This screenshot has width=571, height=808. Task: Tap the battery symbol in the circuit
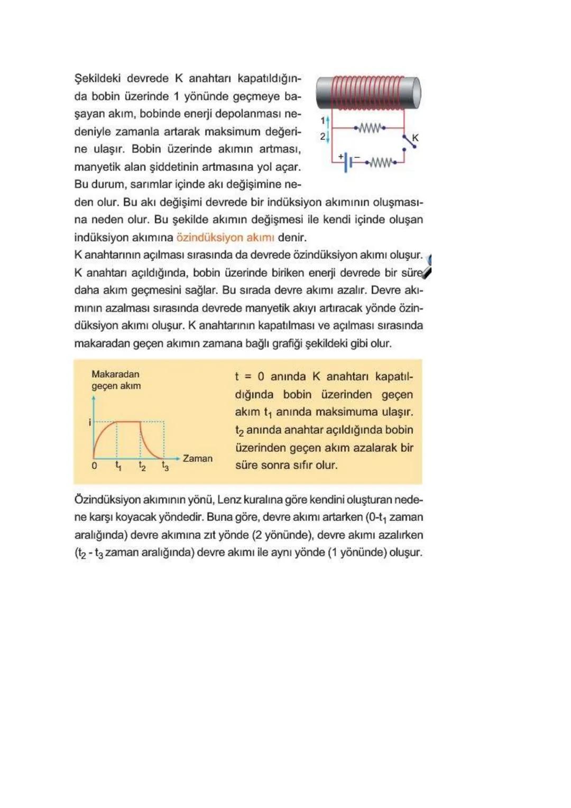pos(346,162)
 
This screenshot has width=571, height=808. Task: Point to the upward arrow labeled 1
pos(328,121)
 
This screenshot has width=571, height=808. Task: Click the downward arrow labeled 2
pos(328,137)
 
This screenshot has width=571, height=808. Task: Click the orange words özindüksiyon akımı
pos(225,237)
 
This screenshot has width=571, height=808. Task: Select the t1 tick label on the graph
pos(118,466)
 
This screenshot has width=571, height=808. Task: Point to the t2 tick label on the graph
pos(142,466)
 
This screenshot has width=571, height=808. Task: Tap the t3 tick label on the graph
pos(165,466)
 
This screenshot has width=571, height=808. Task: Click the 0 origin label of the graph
pos(95,466)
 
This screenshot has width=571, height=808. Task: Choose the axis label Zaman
pos(197,459)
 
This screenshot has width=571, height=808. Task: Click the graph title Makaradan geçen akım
pos(116,380)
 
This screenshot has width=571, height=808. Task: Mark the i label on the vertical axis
pos(90,422)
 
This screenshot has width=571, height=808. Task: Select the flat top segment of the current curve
pos(128,422)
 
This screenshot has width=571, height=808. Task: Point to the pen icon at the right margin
pos(427,267)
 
